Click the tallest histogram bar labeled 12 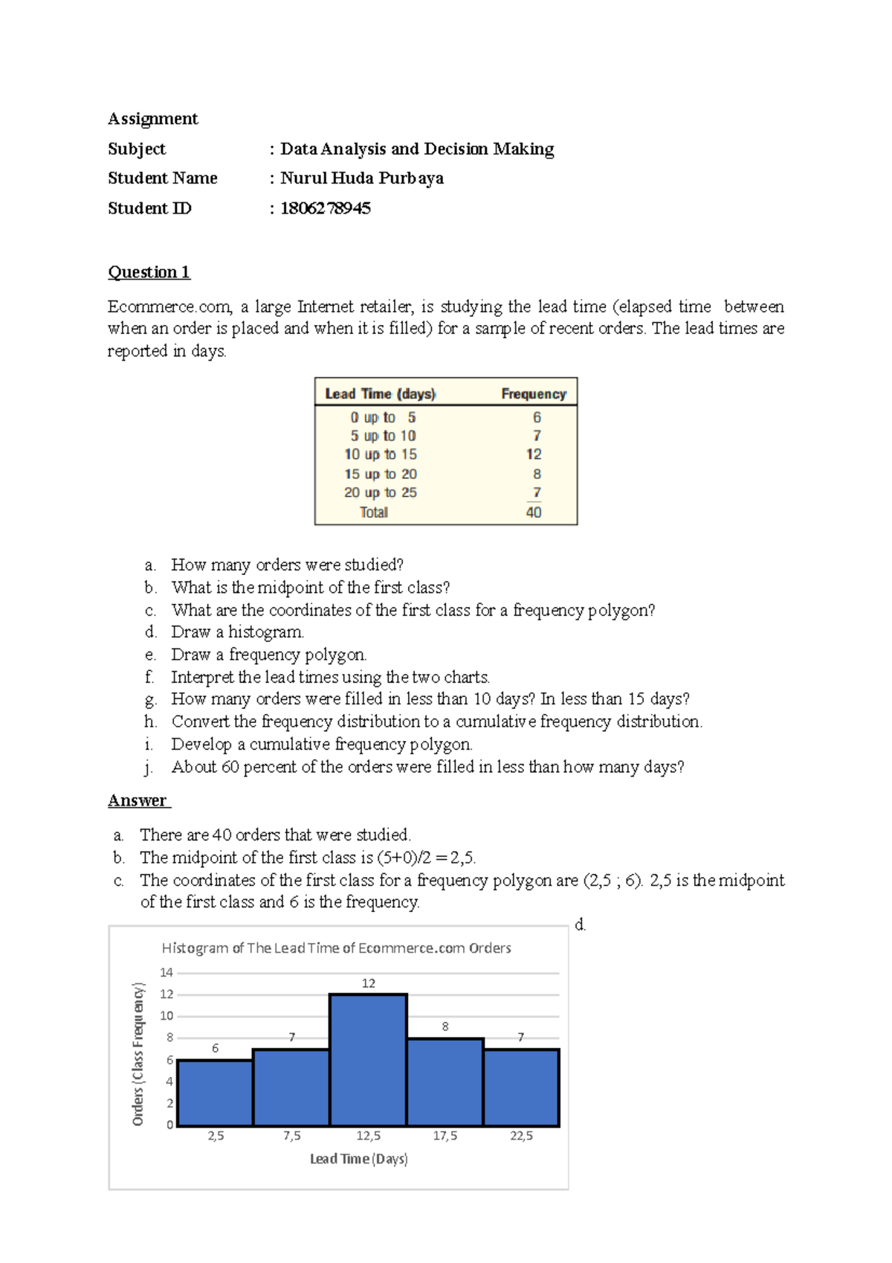tap(368, 1060)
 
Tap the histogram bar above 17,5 tap(445, 1082)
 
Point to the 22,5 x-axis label tap(521, 1136)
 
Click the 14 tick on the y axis tap(167, 972)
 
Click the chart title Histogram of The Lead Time tap(336, 948)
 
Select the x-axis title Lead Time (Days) tap(359, 1159)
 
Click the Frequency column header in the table tap(533, 393)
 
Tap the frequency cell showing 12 tap(534, 454)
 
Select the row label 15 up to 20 tap(380, 474)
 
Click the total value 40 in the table tap(534, 512)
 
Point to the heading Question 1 tap(149, 272)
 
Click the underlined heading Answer tap(138, 801)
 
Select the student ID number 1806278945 tap(325, 208)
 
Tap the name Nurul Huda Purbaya tap(361, 179)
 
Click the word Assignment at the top tap(153, 119)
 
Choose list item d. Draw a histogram tap(237, 632)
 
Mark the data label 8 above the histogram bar tap(445, 1026)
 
